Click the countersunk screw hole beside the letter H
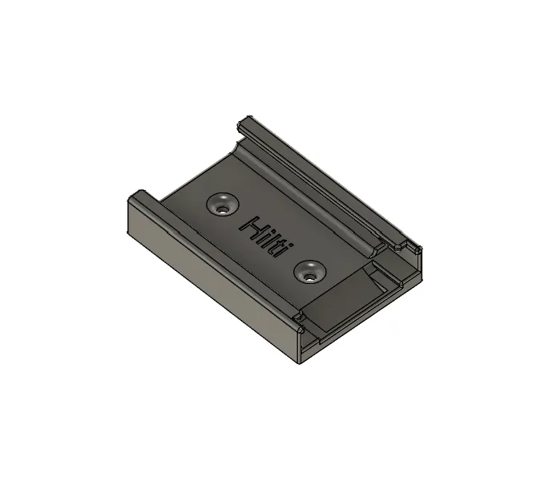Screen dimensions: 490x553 click(222, 205)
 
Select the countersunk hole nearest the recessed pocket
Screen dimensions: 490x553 click(309, 272)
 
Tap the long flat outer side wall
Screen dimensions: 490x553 click(208, 273)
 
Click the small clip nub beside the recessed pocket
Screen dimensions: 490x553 click(298, 319)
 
